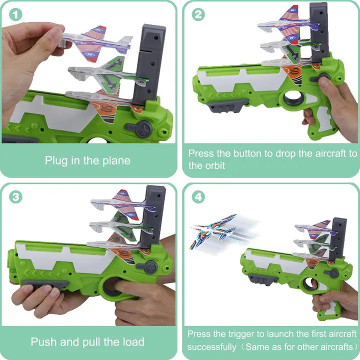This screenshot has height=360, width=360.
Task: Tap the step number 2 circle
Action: pos(198,14)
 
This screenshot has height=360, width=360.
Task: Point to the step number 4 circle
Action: pos(198,196)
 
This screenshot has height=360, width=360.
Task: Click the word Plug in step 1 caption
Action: pos(56,160)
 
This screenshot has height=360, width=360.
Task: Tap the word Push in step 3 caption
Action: pos(43,342)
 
